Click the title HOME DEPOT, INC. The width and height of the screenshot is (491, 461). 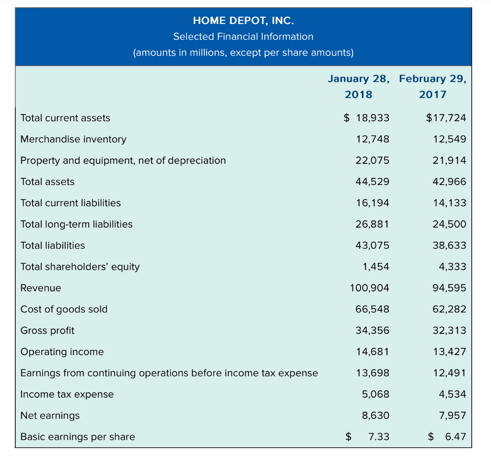click(x=243, y=20)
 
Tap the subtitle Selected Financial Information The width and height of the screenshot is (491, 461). click(x=243, y=36)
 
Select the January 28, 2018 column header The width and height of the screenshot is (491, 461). click(x=359, y=86)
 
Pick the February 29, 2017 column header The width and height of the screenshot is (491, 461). click(x=433, y=86)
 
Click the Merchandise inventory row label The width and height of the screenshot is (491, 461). click(x=73, y=139)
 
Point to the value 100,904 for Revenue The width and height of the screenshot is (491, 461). click(x=370, y=288)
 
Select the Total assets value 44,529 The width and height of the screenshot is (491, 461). click(x=373, y=182)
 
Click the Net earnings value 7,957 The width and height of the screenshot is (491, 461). click(x=452, y=415)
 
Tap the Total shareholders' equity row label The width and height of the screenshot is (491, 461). click(x=80, y=266)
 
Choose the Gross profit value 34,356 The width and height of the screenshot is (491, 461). click(x=373, y=331)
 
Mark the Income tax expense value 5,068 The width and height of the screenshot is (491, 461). click(x=375, y=394)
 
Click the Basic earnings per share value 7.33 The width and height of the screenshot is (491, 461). click(x=379, y=437)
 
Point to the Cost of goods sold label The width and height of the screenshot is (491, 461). click(x=64, y=309)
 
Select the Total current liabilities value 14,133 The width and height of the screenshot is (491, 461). click(x=449, y=203)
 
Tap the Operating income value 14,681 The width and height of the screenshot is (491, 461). click(x=373, y=352)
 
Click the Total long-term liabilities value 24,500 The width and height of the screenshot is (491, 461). click(x=449, y=224)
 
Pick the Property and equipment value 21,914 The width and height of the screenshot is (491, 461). click(x=449, y=161)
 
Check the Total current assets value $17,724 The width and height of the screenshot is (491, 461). click(x=446, y=118)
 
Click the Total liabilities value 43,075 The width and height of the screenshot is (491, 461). click(x=373, y=245)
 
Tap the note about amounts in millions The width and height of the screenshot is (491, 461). click(x=243, y=52)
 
